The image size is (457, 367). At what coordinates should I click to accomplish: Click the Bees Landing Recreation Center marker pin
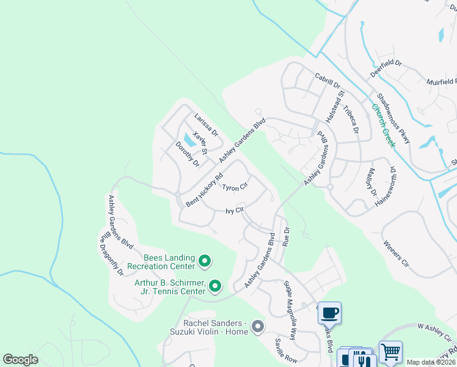[x=205, y=262]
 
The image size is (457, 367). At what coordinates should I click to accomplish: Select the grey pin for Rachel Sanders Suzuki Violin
[x=257, y=327]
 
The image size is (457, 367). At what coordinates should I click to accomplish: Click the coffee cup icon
[x=330, y=313]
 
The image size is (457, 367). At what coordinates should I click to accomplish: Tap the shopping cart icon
[x=390, y=352]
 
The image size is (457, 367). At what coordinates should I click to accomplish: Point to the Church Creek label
[x=384, y=125]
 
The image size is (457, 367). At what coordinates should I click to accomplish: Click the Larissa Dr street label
[x=206, y=124]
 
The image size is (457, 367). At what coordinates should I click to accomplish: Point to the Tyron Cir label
[x=235, y=187]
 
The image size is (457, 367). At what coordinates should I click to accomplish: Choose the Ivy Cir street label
[x=235, y=211]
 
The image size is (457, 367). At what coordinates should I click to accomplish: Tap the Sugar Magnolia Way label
[x=290, y=310]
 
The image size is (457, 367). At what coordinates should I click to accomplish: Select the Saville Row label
[x=286, y=349]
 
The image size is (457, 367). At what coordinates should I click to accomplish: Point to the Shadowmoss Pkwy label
[x=394, y=119]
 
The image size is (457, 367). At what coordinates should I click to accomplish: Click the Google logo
[x=20, y=360]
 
